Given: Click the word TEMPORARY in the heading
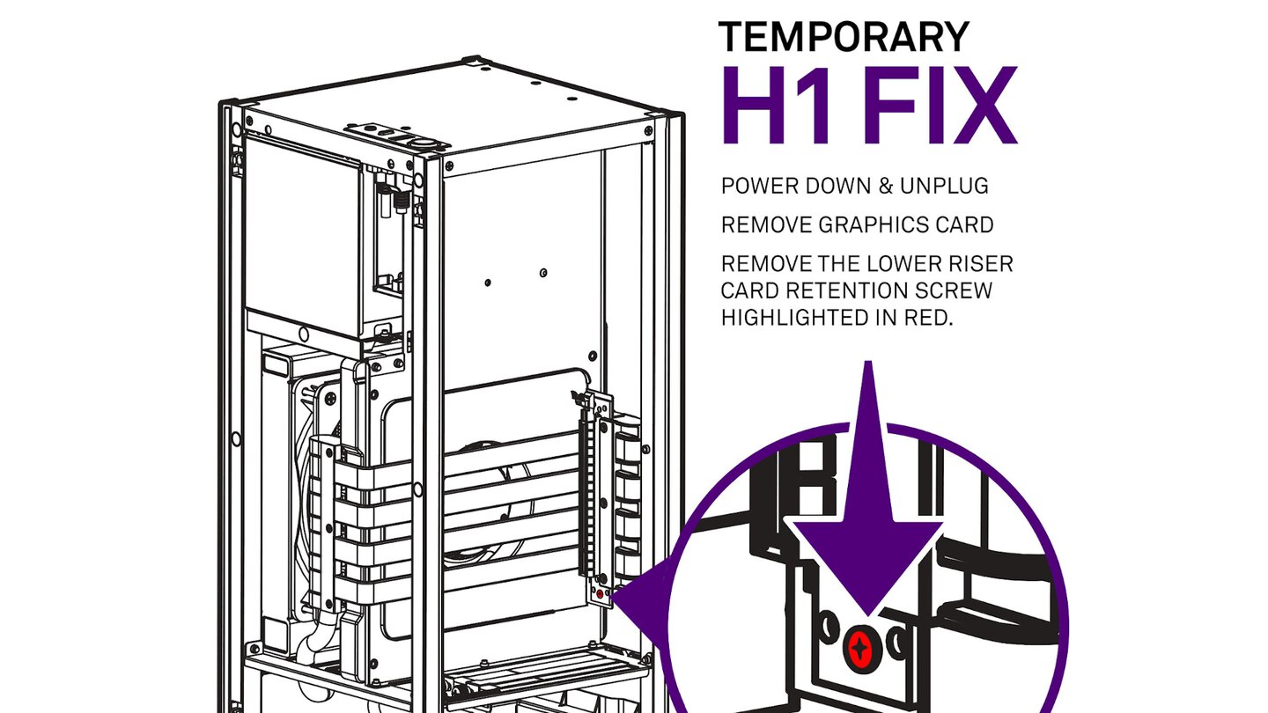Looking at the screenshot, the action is [x=844, y=37].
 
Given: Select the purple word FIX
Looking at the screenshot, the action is [x=940, y=106].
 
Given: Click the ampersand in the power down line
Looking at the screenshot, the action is [x=887, y=187].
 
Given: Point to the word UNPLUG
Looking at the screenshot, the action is [x=944, y=187].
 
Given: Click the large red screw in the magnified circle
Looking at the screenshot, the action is [x=861, y=647].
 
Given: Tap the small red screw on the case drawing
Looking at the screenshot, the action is [x=600, y=594].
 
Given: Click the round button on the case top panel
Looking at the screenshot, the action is [x=423, y=143].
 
